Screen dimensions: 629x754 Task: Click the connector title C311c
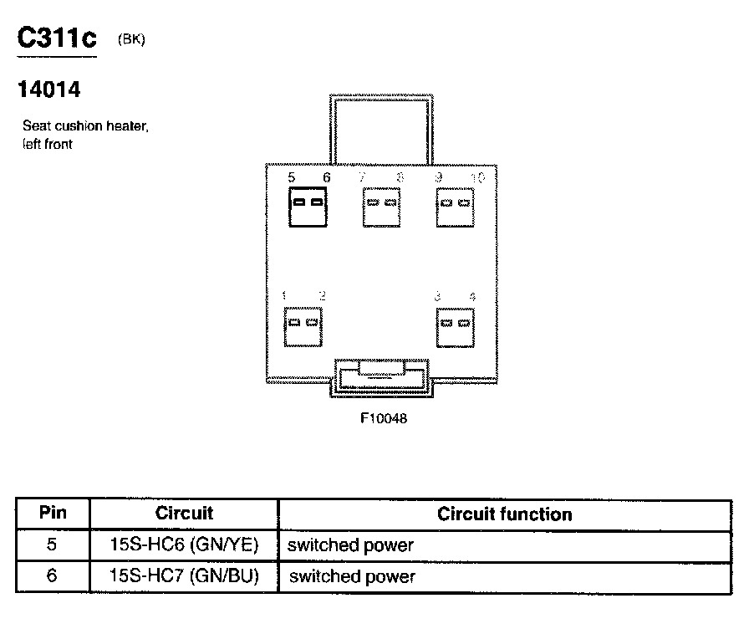click(x=57, y=39)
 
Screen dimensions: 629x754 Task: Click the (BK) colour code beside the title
click(x=132, y=38)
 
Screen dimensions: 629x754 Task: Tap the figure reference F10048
click(x=384, y=418)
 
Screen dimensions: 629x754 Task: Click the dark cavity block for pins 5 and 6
click(x=306, y=205)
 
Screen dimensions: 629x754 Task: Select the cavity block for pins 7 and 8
click(x=382, y=205)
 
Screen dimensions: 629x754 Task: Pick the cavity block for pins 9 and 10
click(x=456, y=205)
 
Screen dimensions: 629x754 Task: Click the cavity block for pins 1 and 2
click(x=303, y=325)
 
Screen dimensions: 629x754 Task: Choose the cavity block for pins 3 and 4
click(x=456, y=325)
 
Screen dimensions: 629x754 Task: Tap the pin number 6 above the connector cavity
click(x=326, y=177)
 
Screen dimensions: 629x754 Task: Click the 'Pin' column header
click(x=53, y=514)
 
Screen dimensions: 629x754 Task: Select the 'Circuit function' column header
click(x=504, y=514)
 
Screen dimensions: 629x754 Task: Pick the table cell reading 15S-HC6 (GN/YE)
click(x=184, y=545)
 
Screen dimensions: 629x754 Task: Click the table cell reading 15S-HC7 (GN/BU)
click(x=184, y=576)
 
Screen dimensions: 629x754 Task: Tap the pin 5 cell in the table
click(x=53, y=545)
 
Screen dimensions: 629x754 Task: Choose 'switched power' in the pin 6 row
click(x=351, y=577)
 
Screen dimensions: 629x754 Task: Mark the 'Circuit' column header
click(x=184, y=514)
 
